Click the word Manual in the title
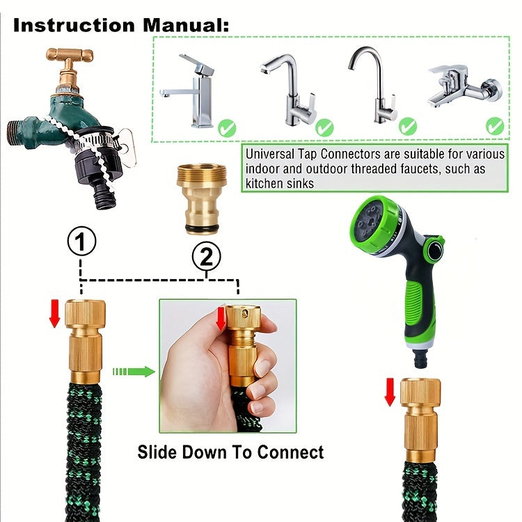186,25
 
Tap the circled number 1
81,241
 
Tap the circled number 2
207,256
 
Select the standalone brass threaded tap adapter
202,199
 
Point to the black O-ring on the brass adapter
202,228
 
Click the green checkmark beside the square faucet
227,128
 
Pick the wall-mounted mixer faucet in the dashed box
465,86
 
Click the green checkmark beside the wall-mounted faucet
495,126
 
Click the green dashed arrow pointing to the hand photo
134,371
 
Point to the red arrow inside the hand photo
221,319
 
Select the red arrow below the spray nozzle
390,392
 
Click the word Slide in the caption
157,452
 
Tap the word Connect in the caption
290,452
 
